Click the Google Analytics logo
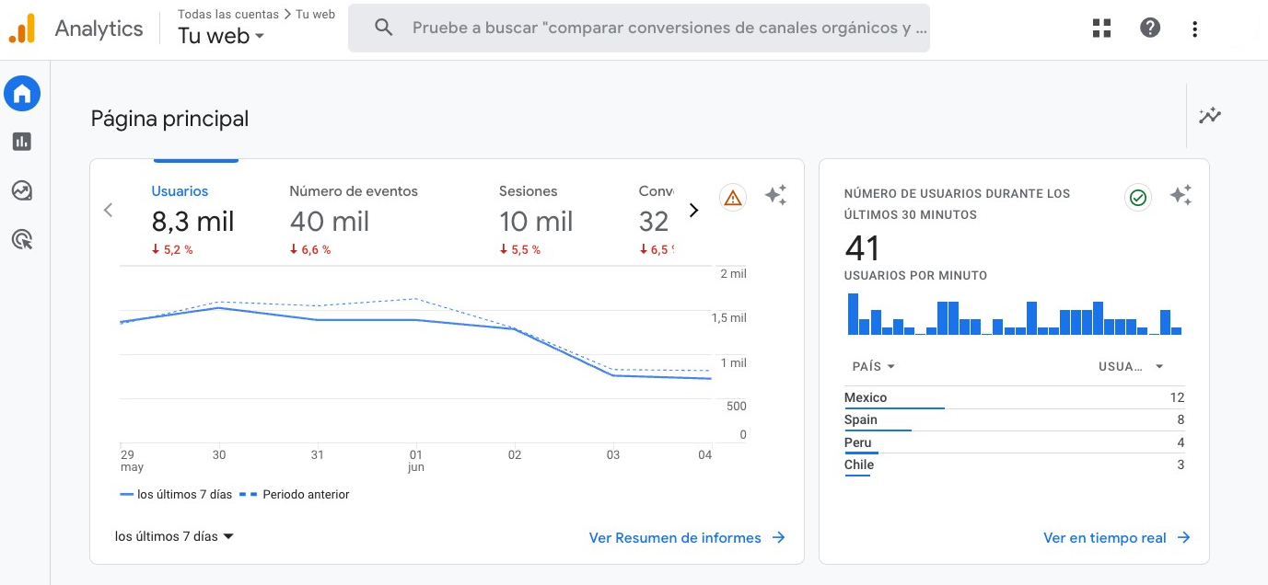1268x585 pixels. pos(22,29)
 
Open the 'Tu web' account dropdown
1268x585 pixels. pos(221,37)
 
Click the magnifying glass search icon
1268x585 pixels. pos(384,28)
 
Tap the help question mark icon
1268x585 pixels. pos(1150,28)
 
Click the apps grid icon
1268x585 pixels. pos(1102,28)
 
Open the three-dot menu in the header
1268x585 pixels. pos(1194,29)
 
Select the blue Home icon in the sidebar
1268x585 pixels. pos(22,93)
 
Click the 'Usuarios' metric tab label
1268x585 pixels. pos(180,191)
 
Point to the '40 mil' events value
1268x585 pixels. pos(329,222)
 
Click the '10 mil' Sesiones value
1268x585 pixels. pos(536,222)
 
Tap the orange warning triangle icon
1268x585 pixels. pos(733,197)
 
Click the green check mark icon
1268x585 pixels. pos(1138,197)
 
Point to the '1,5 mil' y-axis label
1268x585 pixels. pos(728,318)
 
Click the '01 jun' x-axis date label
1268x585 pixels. pos(415,460)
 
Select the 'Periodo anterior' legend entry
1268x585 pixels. pos(305,495)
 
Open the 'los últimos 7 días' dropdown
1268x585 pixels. pos(174,536)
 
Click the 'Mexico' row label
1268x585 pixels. pos(866,397)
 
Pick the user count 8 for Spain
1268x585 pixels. pos(1180,420)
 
